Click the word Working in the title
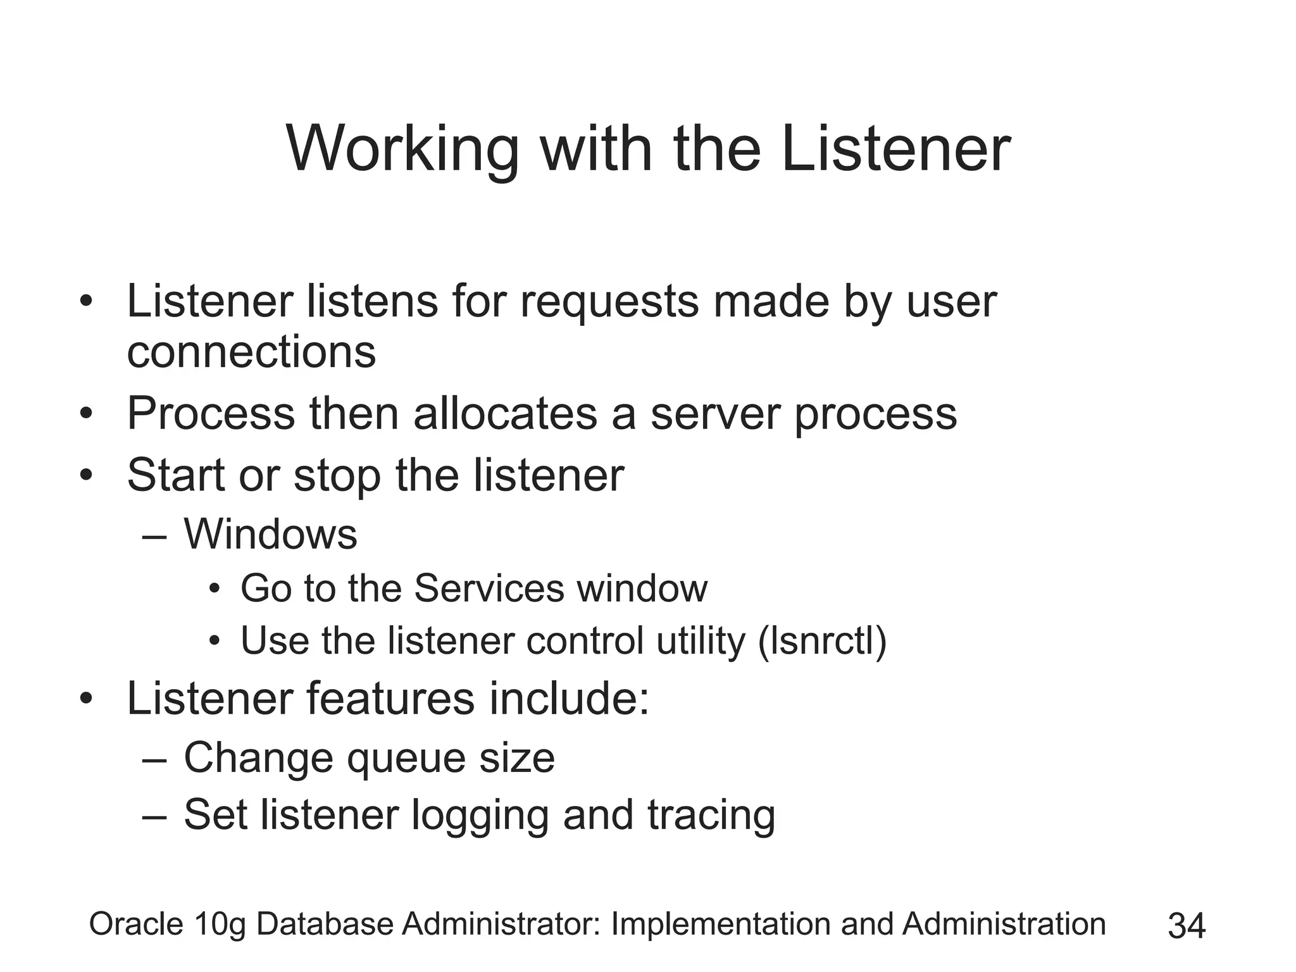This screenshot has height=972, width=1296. (x=402, y=149)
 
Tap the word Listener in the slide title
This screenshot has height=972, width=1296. (x=895, y=149)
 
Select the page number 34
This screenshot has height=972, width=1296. (x=1187, y=926)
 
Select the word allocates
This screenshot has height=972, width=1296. (x=505, y=414)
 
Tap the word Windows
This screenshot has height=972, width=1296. (x=270, y=534)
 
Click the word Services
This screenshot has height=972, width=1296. (x=489, y=589)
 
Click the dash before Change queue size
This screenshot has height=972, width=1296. (x=154, y=759)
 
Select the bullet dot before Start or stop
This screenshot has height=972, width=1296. (x=87, y=476)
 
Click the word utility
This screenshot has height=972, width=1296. (x=701, y=641)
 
